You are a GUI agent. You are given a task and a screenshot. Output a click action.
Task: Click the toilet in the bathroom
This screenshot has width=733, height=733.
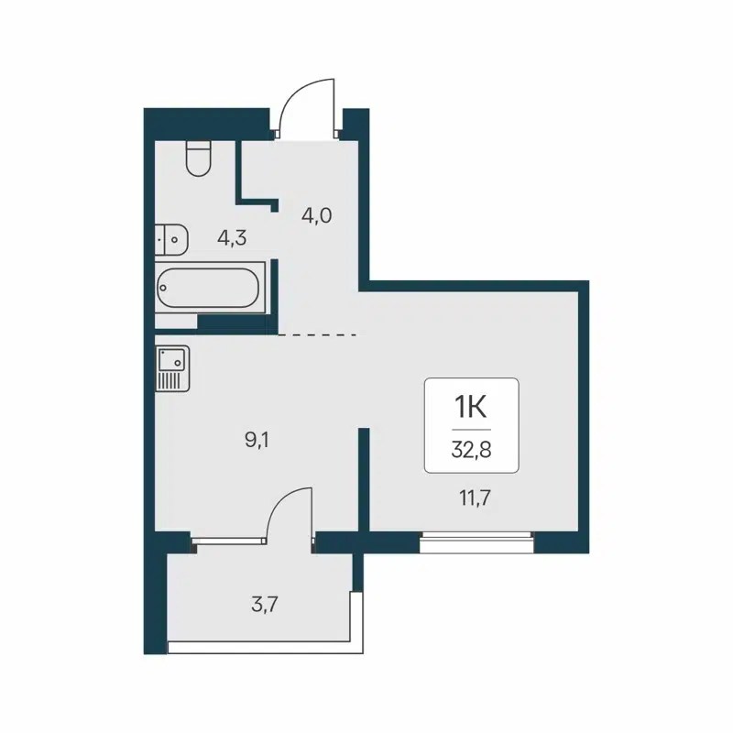[x=198, y=158]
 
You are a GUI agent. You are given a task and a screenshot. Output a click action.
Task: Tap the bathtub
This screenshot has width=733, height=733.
[x=210, y=288]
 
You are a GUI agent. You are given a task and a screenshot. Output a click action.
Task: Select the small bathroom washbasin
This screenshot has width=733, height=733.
[x=171, y=238]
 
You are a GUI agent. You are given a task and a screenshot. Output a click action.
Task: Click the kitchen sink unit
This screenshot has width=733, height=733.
[x=171, y=368]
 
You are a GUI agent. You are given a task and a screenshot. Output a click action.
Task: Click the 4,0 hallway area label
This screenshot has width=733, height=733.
[x=316, y=216]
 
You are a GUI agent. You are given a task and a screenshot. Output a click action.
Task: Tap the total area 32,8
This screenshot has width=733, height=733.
[x=471, y=450]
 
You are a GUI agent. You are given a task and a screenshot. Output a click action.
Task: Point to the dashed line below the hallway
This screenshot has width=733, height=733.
[x=316, y=335]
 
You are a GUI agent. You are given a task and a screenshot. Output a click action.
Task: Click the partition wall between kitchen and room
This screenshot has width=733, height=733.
[x=364, y=476]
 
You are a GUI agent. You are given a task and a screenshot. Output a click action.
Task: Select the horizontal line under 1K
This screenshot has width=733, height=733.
[x=471, y=429]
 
